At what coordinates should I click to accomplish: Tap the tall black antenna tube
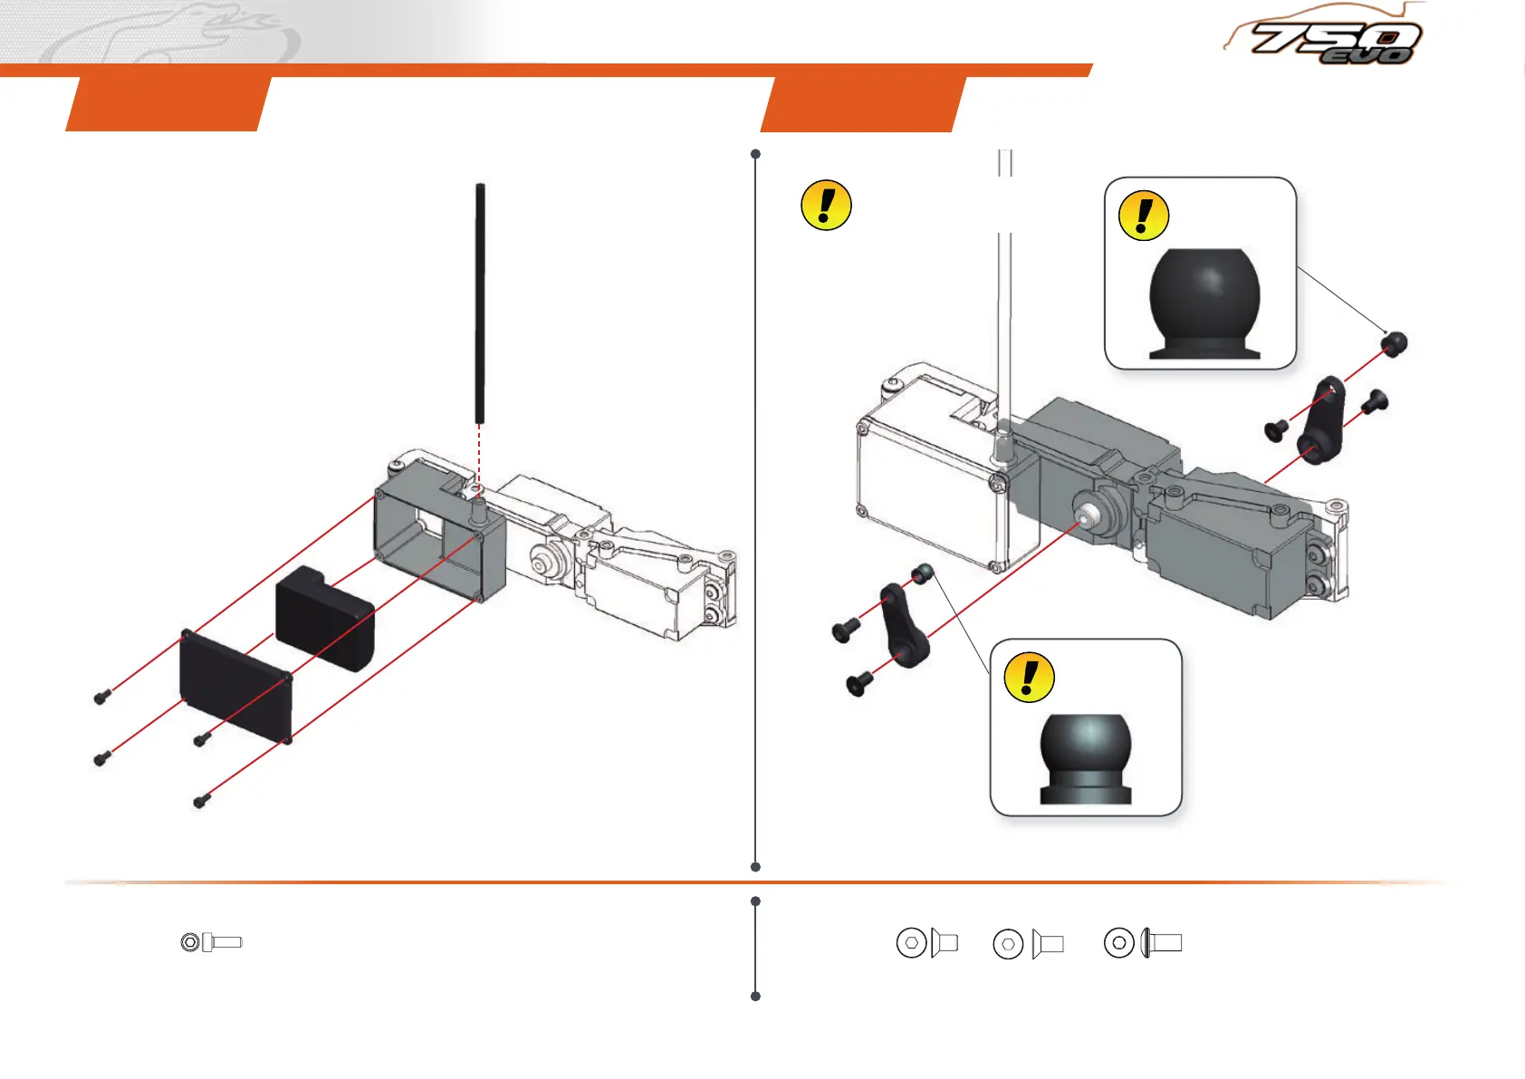pyautogui.click(x=480, y=303)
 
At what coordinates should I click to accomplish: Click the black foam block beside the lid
pyautogui.click(x=324, y=618)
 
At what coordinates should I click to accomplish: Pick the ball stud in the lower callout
pyautogui.click(x=1085, y=757)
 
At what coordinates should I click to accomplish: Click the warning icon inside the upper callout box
pyautogui.click(x=1144, y=216)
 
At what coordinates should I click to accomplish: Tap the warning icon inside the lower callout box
pyautogui.click(x=1030, y=677)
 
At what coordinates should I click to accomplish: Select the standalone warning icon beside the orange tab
pyautogui.click(x=826, y=205)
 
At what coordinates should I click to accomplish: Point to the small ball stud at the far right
pyautogui.click(x=1395, y=343)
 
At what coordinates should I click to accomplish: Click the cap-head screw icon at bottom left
pyautogui.click(x=212, y=942)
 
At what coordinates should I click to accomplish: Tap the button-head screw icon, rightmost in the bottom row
pyautogui.click(x=1143, y=943)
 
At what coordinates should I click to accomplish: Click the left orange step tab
pyautogui.click(x=168, y=104)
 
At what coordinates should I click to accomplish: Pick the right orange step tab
pyautogui.click(x=863, y=104)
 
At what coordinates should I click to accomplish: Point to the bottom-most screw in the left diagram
pyautogui.click(x=202, y=801)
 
